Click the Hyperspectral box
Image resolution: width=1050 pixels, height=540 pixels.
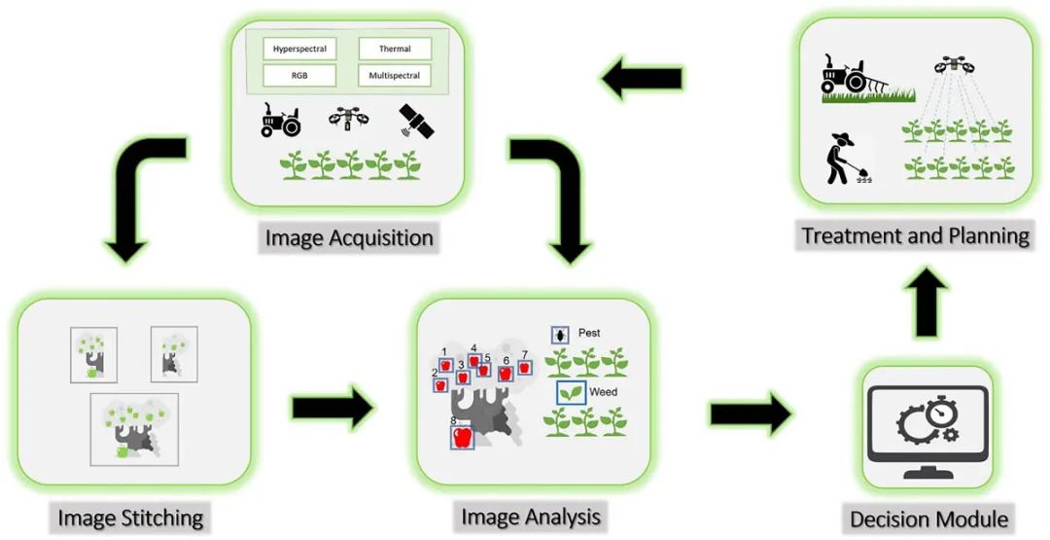coord(299,49)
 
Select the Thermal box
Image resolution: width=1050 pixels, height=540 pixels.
coord(395,49)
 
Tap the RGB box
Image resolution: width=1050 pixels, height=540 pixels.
coord(299,75)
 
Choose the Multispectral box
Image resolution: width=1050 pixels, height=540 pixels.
coord(395,75)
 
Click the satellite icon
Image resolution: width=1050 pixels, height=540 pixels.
coord(417,122)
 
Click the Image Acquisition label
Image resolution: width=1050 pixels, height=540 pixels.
coord(349,237)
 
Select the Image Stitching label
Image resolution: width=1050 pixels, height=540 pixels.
coord(129,517)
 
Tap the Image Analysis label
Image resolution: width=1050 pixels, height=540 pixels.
coord(530,515)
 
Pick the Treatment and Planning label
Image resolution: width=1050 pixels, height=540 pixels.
coord(914,235)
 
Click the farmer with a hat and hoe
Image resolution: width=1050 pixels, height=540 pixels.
coord(841,158)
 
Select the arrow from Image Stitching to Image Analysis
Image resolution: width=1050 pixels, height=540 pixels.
coord(332,408)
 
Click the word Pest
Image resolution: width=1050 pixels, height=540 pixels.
coord(589,334)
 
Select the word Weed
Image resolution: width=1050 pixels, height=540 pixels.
coord(604,392)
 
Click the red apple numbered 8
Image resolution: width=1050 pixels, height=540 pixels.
coord(464,436)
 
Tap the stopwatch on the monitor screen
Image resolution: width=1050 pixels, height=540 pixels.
coord(942,413)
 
